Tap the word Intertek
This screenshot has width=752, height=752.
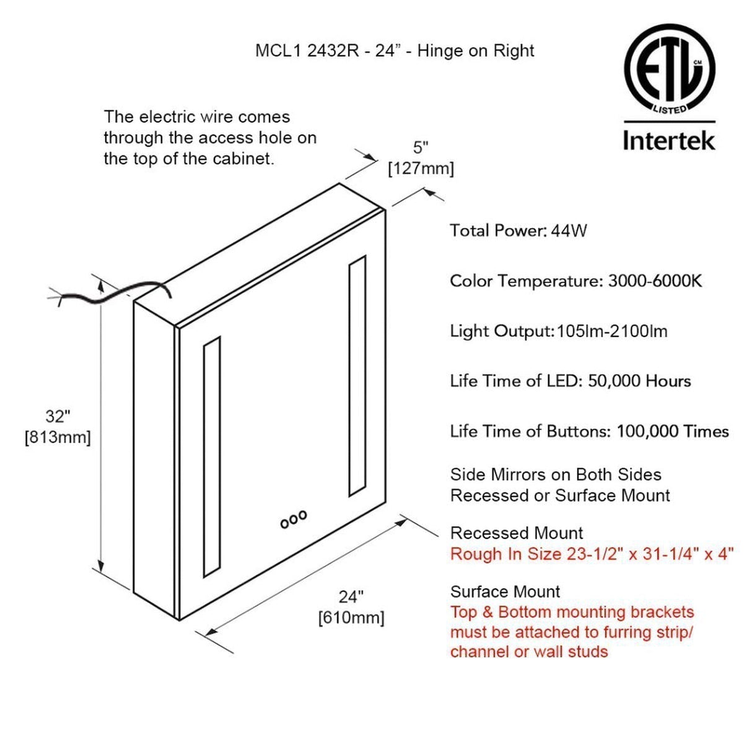[x=669, y=140]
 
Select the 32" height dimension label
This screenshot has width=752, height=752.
[x=58, y=416]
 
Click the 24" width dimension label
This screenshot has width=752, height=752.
[x=351, y=597]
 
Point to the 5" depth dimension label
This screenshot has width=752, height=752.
[x=421, y=147]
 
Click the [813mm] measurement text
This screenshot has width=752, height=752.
[x=58, y=437]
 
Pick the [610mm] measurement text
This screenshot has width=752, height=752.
[x=351, y=618]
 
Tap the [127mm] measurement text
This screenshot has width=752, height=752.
[x=421, y=168]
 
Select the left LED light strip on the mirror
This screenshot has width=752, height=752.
[x=211, y=457]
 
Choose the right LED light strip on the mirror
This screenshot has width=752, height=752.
[x=357, y=375]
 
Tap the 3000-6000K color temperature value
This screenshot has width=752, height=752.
[x=655, y=281]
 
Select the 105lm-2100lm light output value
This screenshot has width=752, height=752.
[x=612, y=331]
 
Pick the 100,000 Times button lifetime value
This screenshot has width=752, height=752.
[x=672, y=431]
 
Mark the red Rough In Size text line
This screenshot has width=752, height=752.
[x=592, y=554]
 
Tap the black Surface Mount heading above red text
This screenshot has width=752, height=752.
[x=505, y=592]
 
